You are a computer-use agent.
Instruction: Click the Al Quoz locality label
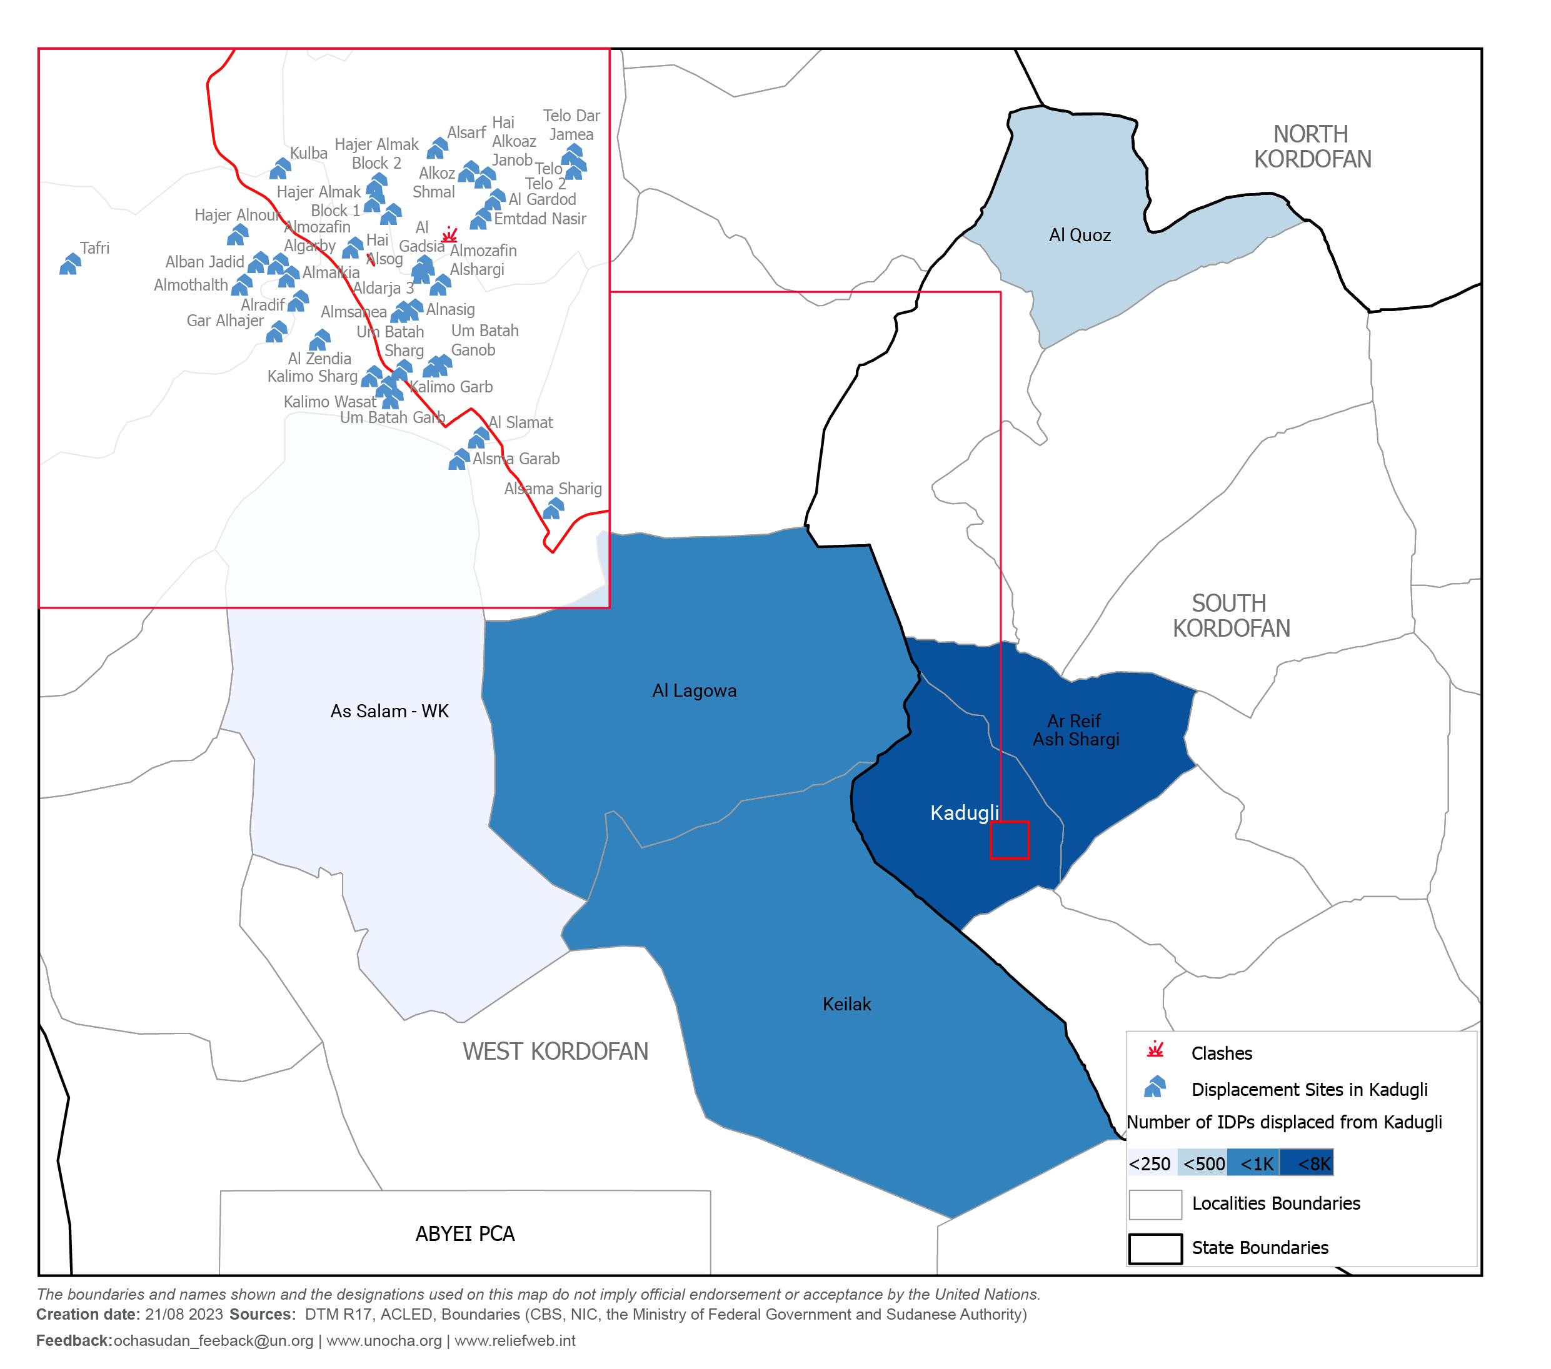point(1079,235)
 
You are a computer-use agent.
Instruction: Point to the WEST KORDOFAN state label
point(555,1051)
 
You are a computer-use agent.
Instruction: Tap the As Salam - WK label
point(389,710)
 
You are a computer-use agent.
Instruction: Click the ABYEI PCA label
point(464,1234)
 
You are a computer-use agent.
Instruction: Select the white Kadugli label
point(964,813)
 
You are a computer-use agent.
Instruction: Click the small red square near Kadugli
point(1009,840)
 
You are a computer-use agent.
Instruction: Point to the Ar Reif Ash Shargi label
point(1075,730)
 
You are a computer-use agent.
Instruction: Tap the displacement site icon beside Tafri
point(70,264)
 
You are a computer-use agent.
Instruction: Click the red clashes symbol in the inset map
point(449,234)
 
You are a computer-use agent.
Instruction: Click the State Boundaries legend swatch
point(1155,1248)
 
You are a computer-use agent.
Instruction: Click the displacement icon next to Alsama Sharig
point(553,508)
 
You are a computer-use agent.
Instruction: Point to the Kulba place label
point(308,153)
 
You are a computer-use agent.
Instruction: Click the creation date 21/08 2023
point(184,1315)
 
